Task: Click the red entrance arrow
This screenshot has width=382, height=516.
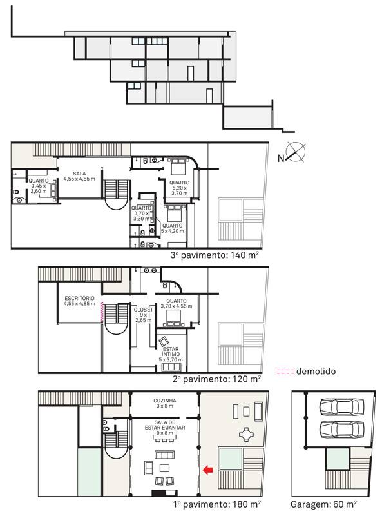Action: [x=207, y=470]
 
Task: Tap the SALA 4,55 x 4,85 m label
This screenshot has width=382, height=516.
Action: [x=79, y=176]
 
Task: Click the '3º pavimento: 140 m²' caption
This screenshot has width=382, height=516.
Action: [x=215, y=255]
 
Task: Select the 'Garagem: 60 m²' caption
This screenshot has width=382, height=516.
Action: [x=324, y=504]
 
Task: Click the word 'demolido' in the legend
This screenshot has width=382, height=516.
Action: [x=316, y=372]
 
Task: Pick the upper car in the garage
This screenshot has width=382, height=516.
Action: [x=342, y=407]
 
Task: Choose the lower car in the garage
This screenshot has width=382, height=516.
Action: [x=342, y=429]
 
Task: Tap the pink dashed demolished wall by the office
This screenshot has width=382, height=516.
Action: [x=102, y=312]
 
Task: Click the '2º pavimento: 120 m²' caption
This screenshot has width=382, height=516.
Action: [x=217, y=379]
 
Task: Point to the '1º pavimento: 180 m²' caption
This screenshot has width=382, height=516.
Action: [x=217, y=504]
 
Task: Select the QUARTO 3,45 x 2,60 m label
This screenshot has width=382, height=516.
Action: [x=39, y=186]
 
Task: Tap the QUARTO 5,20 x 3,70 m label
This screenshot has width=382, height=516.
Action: [x=180, y=188]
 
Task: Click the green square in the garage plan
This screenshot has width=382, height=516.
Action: [x=338, y=459]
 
